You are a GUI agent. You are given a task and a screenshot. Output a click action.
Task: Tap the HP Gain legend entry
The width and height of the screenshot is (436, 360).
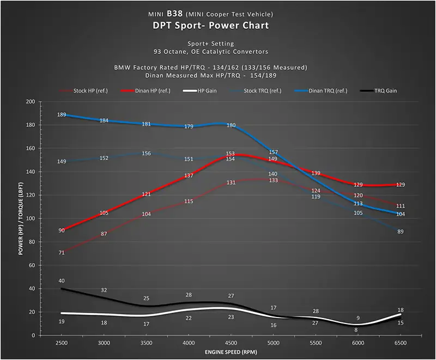[207, 90]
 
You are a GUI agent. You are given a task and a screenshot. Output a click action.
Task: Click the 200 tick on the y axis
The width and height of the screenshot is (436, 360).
[29, 102]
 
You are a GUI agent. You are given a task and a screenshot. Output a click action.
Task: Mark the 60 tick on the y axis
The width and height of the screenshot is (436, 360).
[31, 265]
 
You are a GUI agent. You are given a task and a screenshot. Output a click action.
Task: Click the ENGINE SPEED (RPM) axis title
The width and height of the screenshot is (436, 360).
[231, 353]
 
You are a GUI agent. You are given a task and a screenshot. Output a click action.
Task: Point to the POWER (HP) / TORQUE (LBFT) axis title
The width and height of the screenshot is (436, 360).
[21, 218]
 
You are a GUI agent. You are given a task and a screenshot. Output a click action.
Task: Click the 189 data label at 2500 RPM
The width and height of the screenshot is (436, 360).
[62, 114]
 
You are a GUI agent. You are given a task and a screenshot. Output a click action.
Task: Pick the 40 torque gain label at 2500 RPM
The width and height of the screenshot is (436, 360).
[62, 281]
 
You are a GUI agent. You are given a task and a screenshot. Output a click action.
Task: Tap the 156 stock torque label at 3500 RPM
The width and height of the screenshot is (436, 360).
[146, 154]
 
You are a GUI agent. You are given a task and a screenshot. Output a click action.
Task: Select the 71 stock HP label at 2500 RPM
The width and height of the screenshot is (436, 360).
[62, 253]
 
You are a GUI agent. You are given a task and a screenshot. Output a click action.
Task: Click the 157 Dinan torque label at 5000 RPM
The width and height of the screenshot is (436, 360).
[274, 152]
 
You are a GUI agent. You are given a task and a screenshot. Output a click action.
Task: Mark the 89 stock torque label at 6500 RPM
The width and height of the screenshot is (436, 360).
[401, 232]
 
